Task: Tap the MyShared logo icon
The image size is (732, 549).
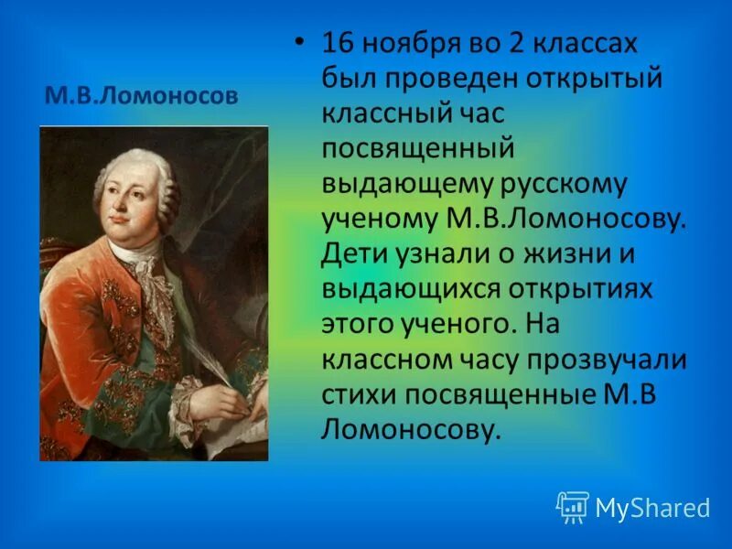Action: pos(572,506)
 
